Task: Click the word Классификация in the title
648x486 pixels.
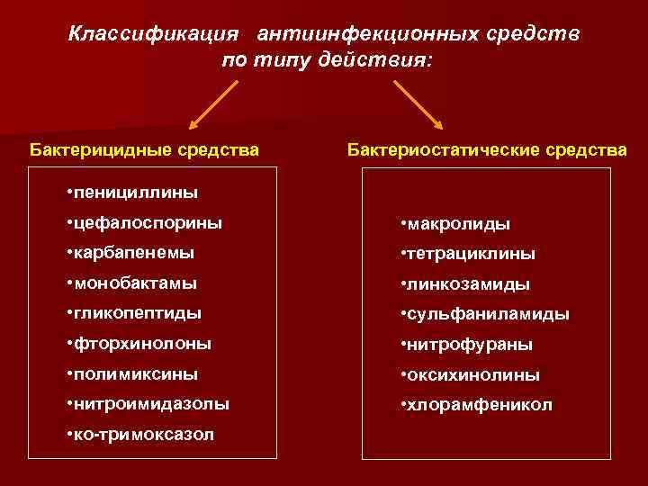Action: [154, 34]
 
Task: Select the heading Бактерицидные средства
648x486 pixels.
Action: [145, 148]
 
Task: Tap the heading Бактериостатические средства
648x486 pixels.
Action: [487, 148]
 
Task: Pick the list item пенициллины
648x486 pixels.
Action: [132, 192]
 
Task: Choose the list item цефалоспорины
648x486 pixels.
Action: [144, 222]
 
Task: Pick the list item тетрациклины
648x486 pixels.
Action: [468, 254]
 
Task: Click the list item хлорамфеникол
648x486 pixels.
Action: [477, 406]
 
